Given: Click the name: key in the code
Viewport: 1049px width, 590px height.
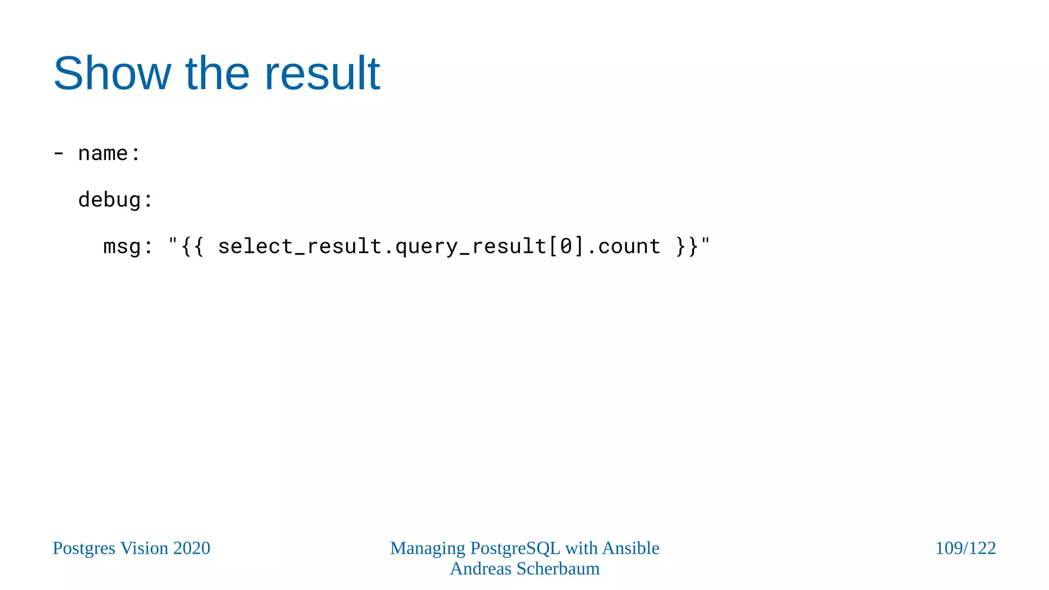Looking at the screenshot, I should coord(109,154).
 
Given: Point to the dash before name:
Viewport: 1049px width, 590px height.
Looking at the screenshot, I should coord(59,154).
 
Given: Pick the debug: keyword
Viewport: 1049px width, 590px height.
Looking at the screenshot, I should coord(115,200).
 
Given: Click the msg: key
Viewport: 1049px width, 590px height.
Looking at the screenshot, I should coord(128,246).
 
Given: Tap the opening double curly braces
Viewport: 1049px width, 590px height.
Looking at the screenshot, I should coord(192,246).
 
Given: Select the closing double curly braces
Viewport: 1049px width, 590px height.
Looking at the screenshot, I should coord(686,246).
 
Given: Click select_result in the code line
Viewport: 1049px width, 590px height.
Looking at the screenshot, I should coord(300,246).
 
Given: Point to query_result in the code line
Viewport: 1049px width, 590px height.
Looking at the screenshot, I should coord(471,246).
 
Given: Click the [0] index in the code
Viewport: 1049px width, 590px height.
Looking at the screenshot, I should coord(566,246).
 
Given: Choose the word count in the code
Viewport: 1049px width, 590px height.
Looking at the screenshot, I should coord(629,246).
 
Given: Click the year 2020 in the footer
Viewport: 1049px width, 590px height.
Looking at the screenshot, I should coord(192,549).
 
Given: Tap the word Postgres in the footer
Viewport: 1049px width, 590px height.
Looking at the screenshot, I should coord(84,549).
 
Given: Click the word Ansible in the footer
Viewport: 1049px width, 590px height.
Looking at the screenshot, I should coord(631,549).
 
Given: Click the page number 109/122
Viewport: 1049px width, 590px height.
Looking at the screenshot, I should coord(965,549).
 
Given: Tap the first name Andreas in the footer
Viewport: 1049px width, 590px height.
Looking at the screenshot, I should coord(480,569).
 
